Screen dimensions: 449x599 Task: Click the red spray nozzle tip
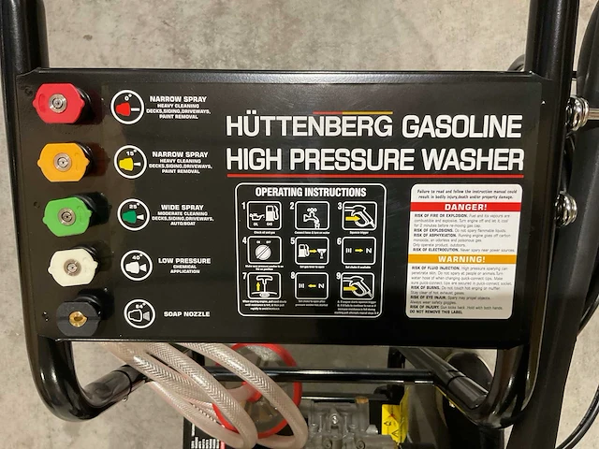[58, 103]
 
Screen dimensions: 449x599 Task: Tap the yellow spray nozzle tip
[63, 162]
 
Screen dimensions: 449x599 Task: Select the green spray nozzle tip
[67, 216]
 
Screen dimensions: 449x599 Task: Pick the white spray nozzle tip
[73, 268]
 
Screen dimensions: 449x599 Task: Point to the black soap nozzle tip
[79, 318]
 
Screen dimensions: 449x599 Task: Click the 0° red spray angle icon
[127, 107]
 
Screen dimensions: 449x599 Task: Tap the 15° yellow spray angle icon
[130, 161]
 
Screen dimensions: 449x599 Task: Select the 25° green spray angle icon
[134, 214]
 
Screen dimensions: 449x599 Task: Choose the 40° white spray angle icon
[137, 267]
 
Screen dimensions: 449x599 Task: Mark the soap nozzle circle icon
[139, 313]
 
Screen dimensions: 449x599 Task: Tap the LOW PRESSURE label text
[184, 261]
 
